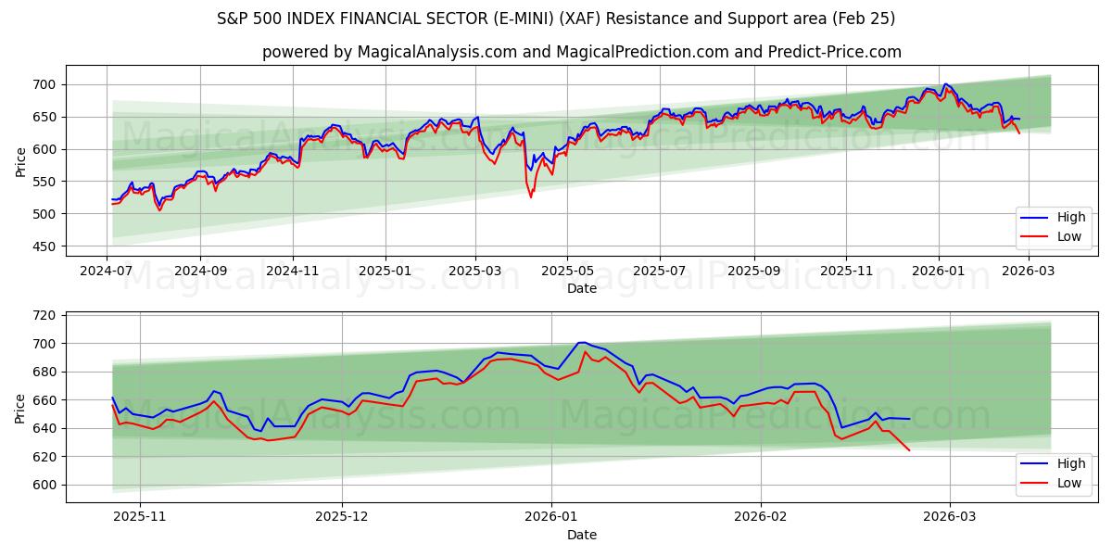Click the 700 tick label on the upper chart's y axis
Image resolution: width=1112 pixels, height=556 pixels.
(44, 84)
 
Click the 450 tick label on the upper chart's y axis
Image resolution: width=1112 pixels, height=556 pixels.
(44, 246)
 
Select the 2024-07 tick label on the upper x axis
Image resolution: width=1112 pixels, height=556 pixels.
(107, 271)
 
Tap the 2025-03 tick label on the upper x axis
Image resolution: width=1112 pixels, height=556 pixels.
(475, 271)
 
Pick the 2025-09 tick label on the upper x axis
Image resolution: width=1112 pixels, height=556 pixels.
(753, 271)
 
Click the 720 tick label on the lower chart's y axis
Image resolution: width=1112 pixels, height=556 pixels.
(44, 315)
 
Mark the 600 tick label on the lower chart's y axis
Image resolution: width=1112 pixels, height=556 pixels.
(44, 485)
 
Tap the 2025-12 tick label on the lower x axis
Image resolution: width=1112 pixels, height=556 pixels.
(342, 517)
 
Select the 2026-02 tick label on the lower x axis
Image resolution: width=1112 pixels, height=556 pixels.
(760, 517)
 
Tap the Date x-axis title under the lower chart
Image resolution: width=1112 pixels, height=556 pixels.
(581, 535)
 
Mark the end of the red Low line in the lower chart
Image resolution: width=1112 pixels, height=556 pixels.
(909, 450)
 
